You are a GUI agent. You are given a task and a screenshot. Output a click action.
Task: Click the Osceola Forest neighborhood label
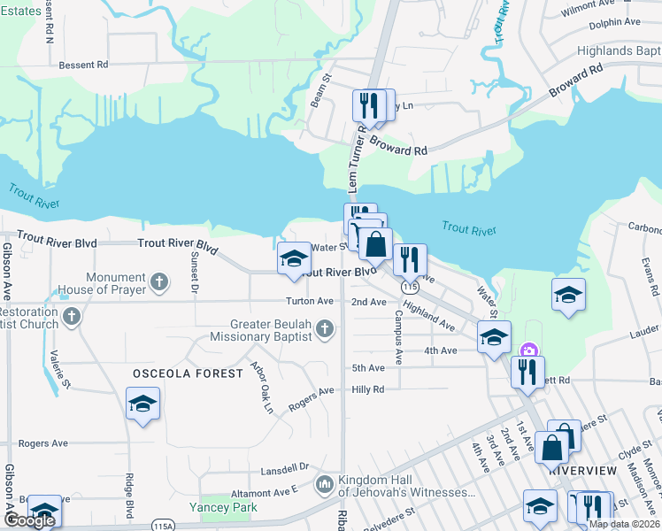[x=188, y=373]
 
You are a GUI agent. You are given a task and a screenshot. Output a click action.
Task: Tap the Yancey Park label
[x=223, y=507]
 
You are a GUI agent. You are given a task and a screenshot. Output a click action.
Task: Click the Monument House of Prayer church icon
[x=159, y=282]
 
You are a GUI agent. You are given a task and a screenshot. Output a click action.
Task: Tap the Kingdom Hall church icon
[x=325, y=484]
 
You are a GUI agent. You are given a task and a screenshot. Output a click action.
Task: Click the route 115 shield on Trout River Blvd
[x=408, y=288]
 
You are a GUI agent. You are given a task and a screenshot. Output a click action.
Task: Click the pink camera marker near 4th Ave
[x=529, y=350]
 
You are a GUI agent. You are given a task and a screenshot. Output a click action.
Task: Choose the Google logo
[x=28, y=520]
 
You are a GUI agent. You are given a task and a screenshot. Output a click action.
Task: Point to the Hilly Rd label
[x=367, y=389]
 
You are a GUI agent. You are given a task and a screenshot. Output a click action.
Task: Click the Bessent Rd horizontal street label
[x=83, y=65]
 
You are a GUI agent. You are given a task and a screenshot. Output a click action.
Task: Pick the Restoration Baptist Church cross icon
[x=73, y=315]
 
